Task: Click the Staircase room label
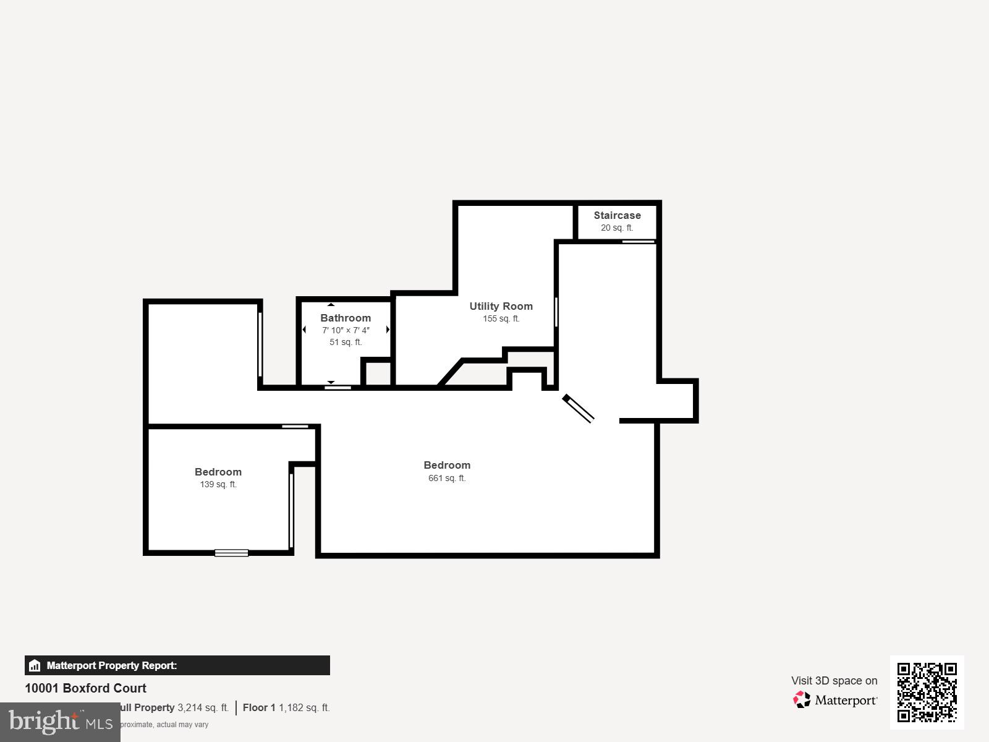coord(617,215)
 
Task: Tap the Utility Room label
coord(501,306)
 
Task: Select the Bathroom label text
coord(346,318)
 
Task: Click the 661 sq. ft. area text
coord(447,478)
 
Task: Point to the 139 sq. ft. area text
coord(218,484)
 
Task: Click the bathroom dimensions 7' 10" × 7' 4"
coord(346,330)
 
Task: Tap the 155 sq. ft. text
coord(501,318)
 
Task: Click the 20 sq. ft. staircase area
coord(617,228)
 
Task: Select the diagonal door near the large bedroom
coord(579,409)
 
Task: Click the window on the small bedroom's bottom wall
coord(231,553)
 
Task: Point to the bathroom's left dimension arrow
coord(304,330)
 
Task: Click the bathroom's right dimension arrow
coord(388,330)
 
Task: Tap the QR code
coord(927,692)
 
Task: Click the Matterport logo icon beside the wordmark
coord(802,700)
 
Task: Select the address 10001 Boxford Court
coord(85,688)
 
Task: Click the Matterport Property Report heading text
coord(112,665)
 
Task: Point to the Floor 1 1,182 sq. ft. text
coord(286,707)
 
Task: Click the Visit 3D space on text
coord(834,680)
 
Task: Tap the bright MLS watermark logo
coord(60,722)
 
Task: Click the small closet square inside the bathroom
coord(376,374)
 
